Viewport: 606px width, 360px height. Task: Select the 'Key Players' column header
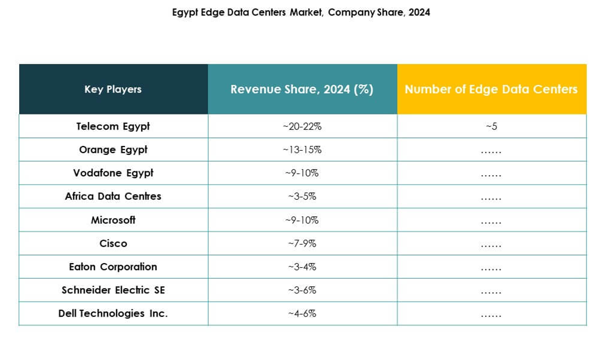pyautogui.click(x=113, y=89)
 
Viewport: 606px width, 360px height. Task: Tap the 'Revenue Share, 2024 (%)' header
pyautogui.click(x=302, y=89)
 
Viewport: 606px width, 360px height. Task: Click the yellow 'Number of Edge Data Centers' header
pyautogui.click(x=491, y=89)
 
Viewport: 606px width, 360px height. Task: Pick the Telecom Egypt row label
pyautogui.click(x=113, y=126)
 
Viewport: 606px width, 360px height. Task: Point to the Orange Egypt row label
pyautogui.click(x=113, y=150)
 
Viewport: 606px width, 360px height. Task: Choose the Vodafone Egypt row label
pyautogui.click(x=113, y=173)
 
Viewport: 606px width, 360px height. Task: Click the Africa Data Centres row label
pyautogui.click(x=113, y=196)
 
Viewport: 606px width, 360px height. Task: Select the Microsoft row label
pyautogui.click(x=113, y=219)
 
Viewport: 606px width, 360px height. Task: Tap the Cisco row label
pyautogui.click(x=113, y=243)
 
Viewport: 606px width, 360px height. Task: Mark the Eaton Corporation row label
pyautogui.click(x=113, y=266)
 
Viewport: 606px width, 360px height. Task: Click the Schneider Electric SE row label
pyautogui.click(x=113, y=290)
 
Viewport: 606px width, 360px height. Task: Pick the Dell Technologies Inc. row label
pyautogui.click(x=113, y=313)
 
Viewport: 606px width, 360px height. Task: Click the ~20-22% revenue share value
pyautogui.click(x=302, y=127)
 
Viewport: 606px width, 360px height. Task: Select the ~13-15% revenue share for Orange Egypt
pyautogui.click(x=302, y=150)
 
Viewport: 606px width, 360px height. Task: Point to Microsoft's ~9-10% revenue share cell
pyautogui.click(x=302, y=220)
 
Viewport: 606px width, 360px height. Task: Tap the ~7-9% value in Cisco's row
pyautogui.click(x=302, y=243)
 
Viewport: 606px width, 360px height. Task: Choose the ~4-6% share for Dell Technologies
pyautogui.click(x=302, y=314)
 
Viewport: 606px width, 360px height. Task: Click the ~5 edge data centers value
pyautogui.click(x=491, y=127)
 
